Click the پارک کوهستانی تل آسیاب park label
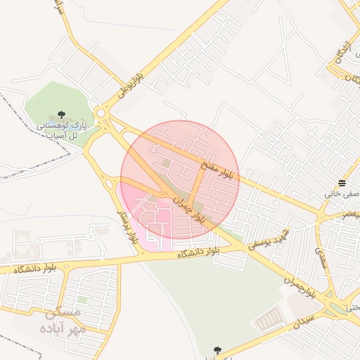61,129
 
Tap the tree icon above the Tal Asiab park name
61,114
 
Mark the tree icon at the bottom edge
217,350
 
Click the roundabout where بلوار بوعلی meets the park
103,112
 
